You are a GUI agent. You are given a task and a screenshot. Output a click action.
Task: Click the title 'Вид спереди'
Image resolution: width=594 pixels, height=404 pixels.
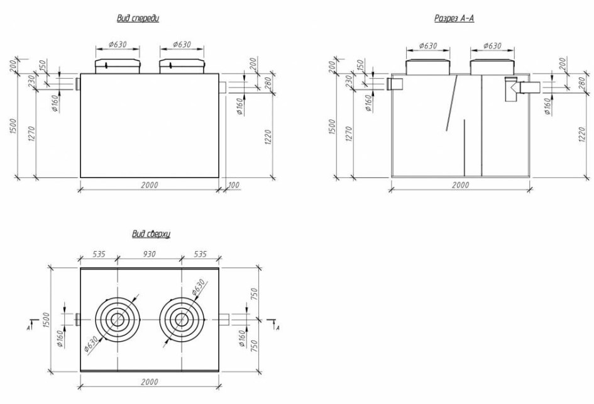(x=138, y=18)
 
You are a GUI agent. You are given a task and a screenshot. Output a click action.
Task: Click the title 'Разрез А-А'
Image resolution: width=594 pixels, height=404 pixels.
(x=454, y=18)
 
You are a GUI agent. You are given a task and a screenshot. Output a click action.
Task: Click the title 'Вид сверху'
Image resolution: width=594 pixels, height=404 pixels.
(x=151, y=233)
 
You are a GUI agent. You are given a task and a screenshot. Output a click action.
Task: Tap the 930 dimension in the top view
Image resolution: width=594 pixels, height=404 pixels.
(x=149, y=254)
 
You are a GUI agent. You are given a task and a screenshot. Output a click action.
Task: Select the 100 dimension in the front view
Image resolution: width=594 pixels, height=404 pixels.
(x=234, y=185)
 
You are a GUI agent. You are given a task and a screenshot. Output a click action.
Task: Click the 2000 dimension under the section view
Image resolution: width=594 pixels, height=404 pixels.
(x=460, y=185)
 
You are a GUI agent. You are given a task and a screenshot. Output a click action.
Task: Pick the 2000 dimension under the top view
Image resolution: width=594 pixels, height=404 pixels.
(x=149, y=381)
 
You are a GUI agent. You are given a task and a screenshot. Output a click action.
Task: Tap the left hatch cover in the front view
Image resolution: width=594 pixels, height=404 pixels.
(x=118, y=66)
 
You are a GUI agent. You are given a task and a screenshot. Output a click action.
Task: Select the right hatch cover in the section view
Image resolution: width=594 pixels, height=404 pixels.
(x=492, y=67)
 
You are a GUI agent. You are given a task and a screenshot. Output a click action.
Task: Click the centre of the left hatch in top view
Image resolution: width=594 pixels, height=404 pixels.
(x=118, y=320)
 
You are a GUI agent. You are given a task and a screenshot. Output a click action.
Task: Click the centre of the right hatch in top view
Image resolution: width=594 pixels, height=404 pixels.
(x=182, y=320)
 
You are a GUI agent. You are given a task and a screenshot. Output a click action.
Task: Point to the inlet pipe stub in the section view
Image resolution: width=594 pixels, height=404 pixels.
(x=394, y=84)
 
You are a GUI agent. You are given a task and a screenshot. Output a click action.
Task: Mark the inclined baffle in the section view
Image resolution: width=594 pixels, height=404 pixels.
(x=451, y=103)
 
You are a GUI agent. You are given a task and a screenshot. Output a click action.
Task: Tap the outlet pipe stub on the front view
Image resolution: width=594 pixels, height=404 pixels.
(x=223, y=87)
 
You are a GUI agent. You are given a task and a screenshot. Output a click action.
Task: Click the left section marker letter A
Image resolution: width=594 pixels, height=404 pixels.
(x=28, y=328)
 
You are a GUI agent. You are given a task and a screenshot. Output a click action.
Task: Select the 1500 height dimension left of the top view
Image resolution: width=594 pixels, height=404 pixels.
(x=47, y=320)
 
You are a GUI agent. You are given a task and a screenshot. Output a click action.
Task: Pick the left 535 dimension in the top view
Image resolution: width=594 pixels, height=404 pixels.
(x=99, y=254)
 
